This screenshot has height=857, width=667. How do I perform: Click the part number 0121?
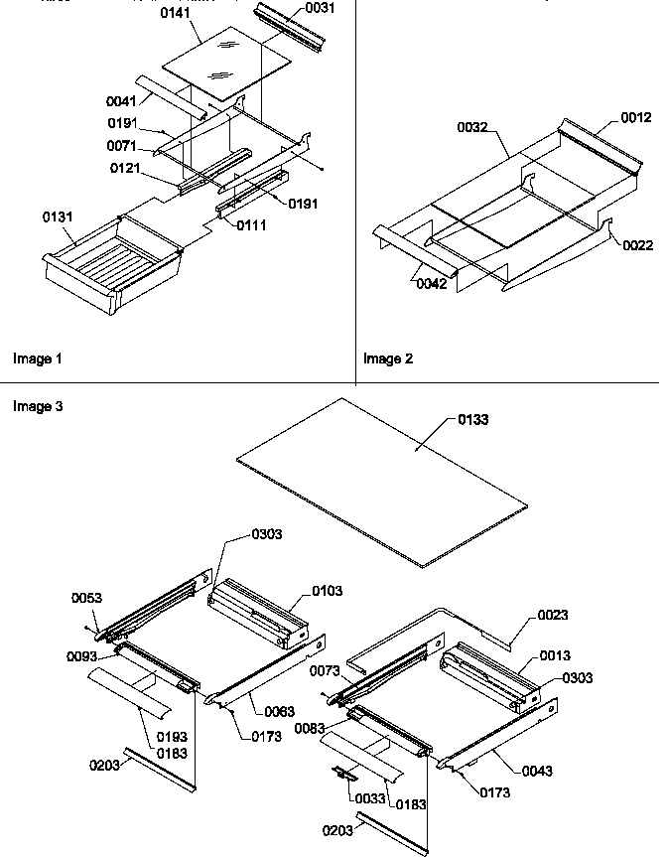pyautogui.click(x=126, y=168)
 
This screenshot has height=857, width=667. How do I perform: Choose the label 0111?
pyautogui.click(x=251, y=225)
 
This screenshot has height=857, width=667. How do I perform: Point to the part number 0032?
pyautogui.click(x=472, y=127)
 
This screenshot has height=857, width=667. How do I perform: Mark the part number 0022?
pyautogui.click(x=637, y=245)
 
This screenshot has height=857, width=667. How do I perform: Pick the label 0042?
pyautogui.click(x=431, y=284)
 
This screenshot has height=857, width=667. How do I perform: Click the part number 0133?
pyautogui.click(x=472, y=420)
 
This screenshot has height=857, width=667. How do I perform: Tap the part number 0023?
pyautogui.click(x=553, y=615)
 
